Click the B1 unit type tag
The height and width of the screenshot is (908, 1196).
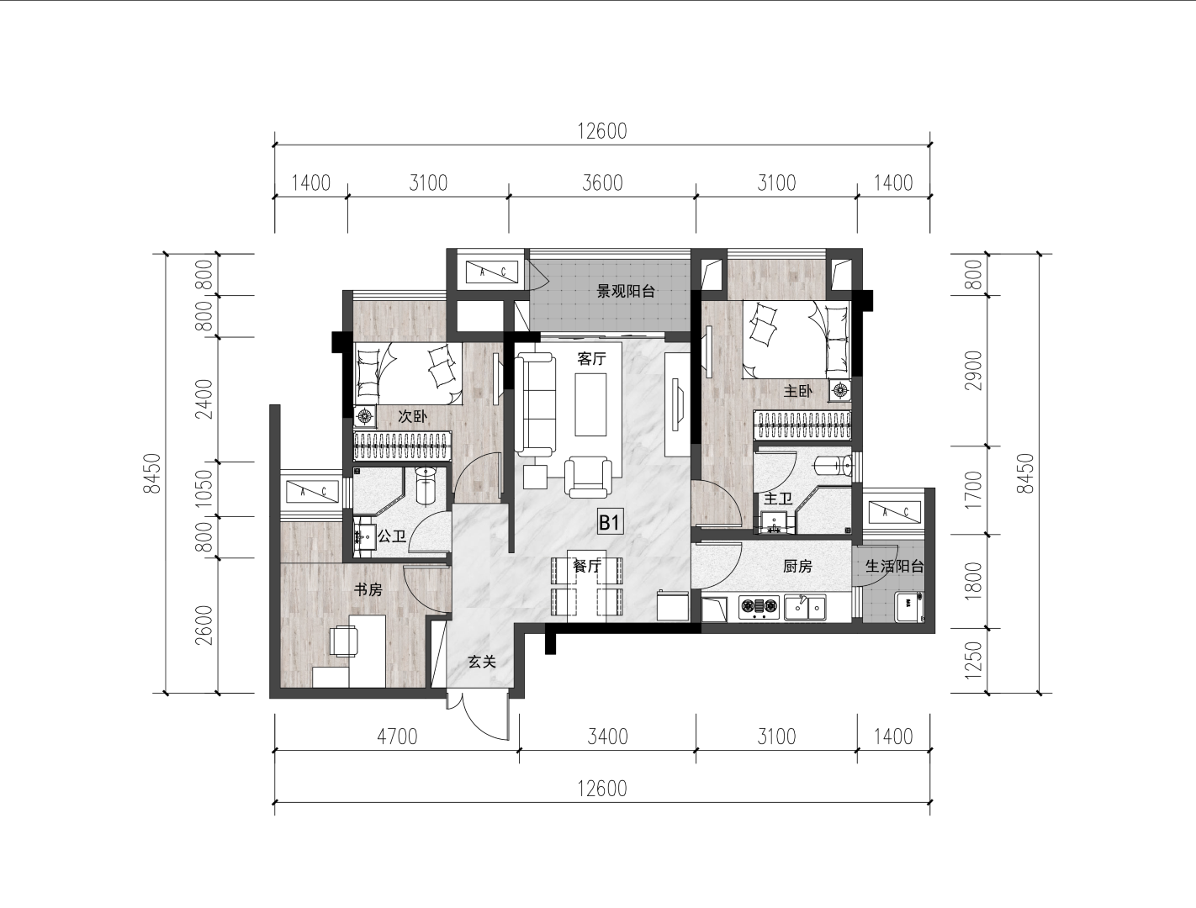[609, 523]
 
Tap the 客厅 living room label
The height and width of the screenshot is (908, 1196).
[591, 359]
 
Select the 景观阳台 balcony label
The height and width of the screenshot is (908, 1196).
[626, 292]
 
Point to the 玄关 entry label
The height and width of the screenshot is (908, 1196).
[482, 662]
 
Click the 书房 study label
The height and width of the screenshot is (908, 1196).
[368, 589]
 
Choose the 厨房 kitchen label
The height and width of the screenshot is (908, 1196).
[797, 567]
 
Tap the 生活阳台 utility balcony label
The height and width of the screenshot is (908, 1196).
[894, 567]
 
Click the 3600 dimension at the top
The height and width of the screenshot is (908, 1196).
[602, 183]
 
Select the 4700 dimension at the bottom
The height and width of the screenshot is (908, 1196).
[397, 737]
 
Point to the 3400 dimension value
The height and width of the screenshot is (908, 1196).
[607, 737]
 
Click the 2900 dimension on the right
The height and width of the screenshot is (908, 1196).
[973, 371]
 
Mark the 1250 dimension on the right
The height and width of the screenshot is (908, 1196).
[973, 660]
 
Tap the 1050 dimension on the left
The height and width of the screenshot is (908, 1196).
[205, 488]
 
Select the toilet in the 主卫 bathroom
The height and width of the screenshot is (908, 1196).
[833, 467]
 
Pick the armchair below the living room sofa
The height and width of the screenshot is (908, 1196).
[588, 477]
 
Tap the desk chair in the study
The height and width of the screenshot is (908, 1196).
[344, 641]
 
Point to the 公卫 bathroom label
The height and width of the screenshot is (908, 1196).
[392, 536]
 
